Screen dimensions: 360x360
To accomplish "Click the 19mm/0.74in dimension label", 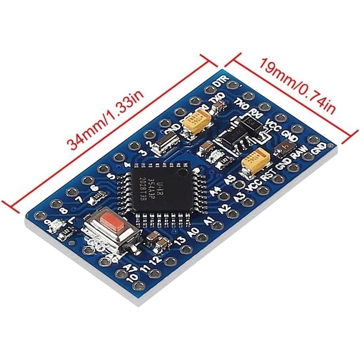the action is (297, 85).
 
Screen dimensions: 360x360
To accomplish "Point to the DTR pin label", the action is (220, 82).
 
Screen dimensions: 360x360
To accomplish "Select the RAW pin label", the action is (300, 156).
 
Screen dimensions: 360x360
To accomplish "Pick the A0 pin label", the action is (193, 232).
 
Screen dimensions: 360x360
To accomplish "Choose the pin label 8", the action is (63, 210).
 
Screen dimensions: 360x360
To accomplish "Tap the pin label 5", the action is (111, 176).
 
